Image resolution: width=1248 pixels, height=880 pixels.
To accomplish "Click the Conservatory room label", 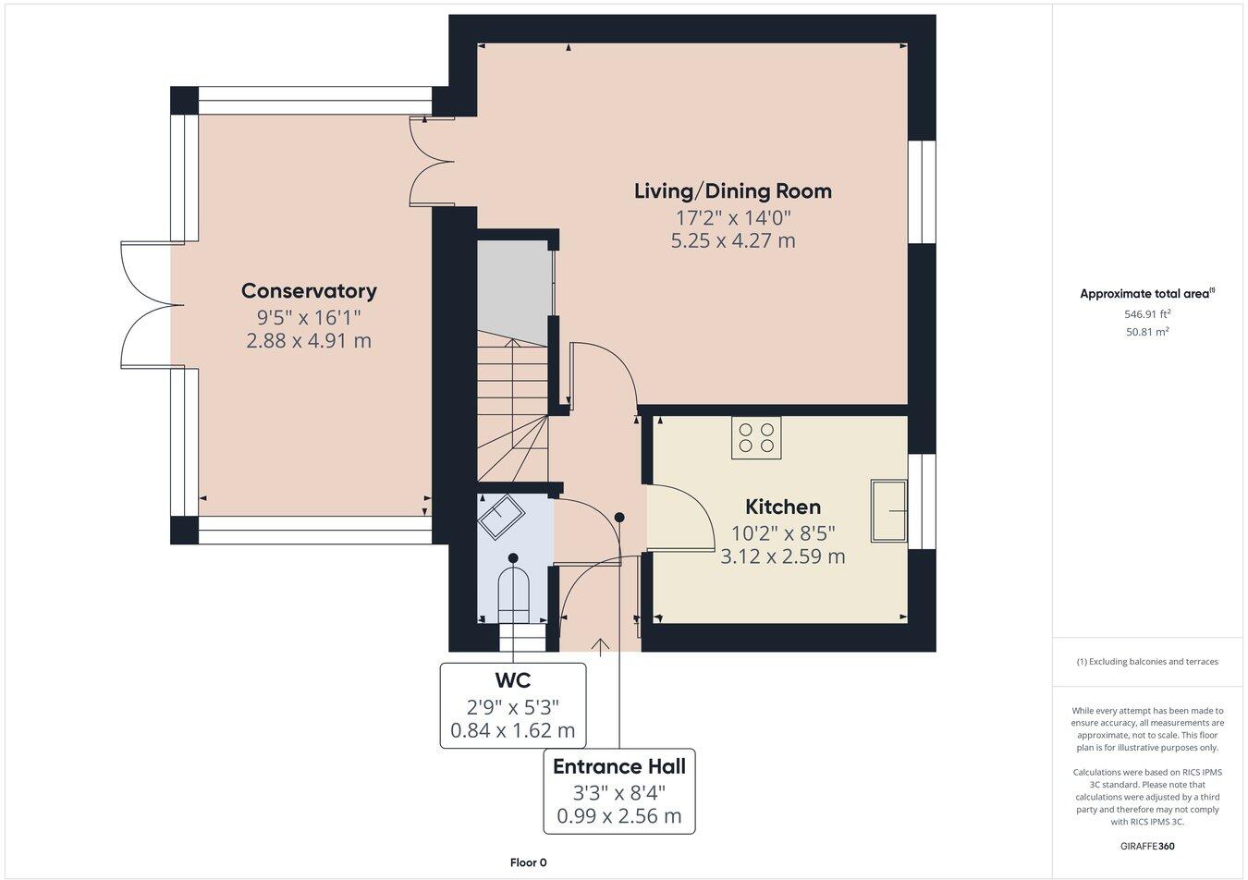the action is coord(309,291).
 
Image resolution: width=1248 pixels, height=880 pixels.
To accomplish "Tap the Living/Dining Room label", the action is coord(733,191).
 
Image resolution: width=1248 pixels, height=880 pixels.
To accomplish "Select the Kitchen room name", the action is coord(783,507).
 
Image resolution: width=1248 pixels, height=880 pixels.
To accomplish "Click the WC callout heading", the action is coord(512,680).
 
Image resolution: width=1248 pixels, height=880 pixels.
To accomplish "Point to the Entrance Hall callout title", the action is coord(619,766).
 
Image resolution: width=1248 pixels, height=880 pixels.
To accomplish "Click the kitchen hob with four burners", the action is coord(756,438).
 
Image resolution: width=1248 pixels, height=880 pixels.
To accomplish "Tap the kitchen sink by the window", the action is coord(889,510).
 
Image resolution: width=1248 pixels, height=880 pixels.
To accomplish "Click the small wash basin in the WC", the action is coord(501,516).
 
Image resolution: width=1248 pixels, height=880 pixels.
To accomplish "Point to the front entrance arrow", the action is coord(600,647).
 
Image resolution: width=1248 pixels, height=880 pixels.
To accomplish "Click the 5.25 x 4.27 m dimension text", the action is coord(733,240).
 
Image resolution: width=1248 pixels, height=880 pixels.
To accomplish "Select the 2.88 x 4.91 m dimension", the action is coord(309,340).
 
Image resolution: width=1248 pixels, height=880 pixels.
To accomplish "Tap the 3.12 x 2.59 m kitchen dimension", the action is coord(783,556).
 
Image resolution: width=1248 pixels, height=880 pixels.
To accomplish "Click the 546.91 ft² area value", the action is coord(1147,314).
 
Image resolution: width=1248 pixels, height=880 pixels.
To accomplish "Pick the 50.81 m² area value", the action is coord(1147,332).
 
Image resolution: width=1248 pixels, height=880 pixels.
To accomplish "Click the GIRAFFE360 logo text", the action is coord(1147,846).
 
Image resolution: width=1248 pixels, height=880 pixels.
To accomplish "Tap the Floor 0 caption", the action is coord(528,862).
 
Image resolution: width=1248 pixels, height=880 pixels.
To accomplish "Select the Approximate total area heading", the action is coord(1147,294).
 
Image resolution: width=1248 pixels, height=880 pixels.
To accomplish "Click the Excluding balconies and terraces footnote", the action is coord(1147,662).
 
